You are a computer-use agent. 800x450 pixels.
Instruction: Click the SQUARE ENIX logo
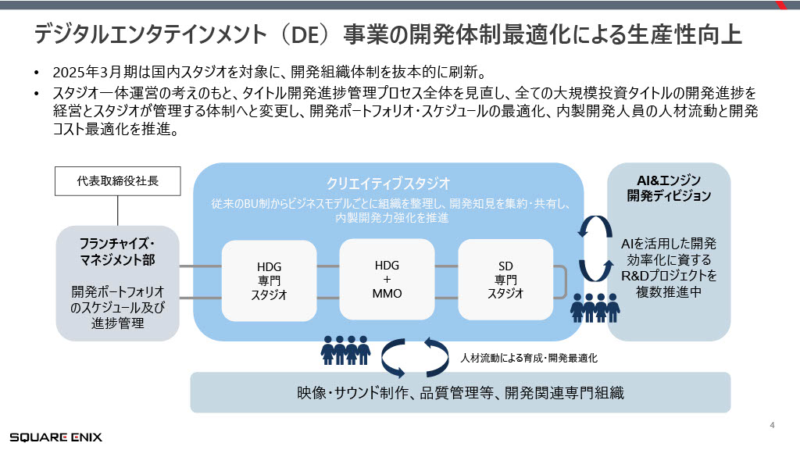[x=55, y=437]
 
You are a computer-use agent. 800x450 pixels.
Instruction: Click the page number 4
[x=772, y=426]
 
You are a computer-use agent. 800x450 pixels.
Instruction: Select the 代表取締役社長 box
[x=118, y=181]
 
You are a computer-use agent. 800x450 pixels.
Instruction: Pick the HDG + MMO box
[x=387, y=279]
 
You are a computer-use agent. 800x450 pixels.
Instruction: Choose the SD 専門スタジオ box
[x=505, y=279]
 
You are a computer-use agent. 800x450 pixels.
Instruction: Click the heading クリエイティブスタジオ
[x=388, y=184]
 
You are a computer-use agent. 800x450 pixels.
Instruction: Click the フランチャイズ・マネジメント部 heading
[x=118, y=250]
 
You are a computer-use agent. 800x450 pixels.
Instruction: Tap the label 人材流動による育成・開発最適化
[x=529, y=357]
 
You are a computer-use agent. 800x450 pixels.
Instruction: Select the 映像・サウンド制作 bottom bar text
[x=460, y=393]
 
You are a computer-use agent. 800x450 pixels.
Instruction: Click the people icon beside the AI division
[x=595, y=307]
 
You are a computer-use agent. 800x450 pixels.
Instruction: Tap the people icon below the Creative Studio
[x=345, y=349]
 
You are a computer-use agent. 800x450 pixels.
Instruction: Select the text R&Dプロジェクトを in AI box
[x=669, y=275]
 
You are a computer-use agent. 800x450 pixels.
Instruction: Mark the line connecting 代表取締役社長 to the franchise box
[x=118, y=210]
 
